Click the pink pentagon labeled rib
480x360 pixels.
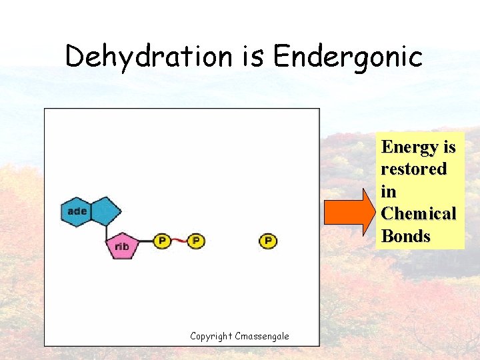tap(122, 246)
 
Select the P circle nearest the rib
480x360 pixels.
tap(161, 241)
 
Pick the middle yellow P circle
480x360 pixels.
tap(195, 241)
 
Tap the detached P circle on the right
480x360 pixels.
tap(267, 241)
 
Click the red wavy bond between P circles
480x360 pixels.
tap(179, 241)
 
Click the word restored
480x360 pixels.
tap(413, 169)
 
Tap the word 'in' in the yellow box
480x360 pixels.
tap(389, 192)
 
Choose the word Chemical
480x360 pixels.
tap(418, 214)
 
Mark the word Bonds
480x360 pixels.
tap(405, 237)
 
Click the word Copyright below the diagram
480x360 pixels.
tap(211, 336)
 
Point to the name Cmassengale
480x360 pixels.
tap(263, 336)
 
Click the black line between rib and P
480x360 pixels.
tap(147, 241)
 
